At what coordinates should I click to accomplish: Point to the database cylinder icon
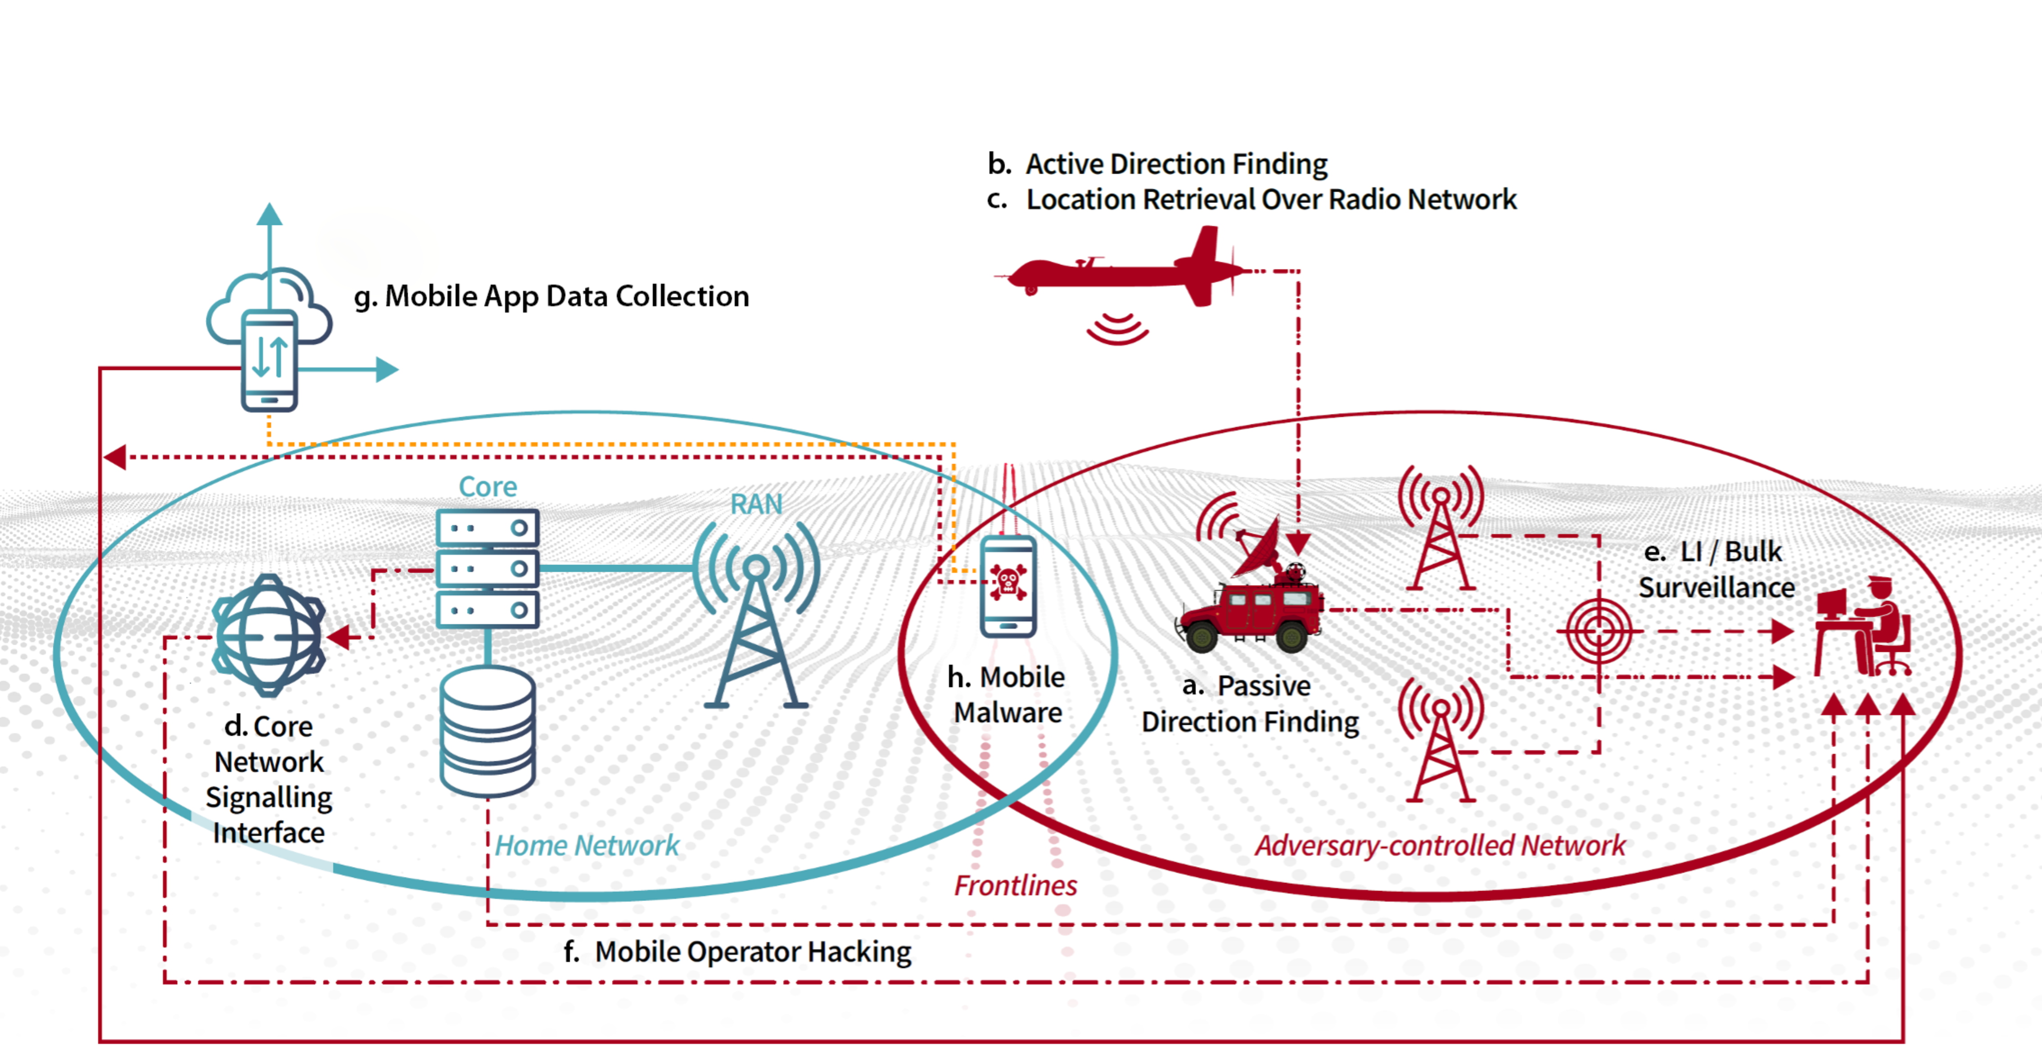pos(488,731)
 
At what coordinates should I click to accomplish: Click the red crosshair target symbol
pos(1598,632)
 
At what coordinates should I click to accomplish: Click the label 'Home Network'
pos(587,845)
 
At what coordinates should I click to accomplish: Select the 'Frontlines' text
pos(1016,885)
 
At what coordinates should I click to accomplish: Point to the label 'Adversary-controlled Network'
pos(1440,845)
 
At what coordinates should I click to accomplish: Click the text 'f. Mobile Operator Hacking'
pos(737,952)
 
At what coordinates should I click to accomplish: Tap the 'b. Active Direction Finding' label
pos(1157,164)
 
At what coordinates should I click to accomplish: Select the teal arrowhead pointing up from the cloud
pos(270,214)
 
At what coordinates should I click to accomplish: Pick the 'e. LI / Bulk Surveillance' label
pos(1716,569)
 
